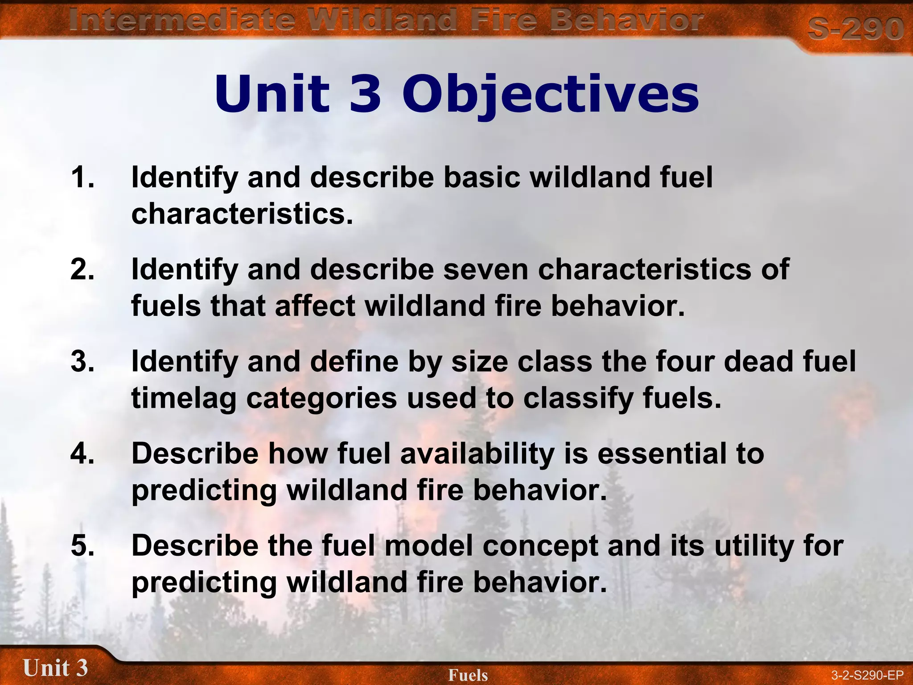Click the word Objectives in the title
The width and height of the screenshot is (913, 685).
[x=550, y=95]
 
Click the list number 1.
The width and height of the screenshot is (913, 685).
[x=82, y=177]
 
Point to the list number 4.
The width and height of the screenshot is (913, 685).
[x=82, y=454]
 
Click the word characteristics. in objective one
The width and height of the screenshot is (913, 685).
[x=242, y=214]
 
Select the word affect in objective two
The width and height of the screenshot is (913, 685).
[x=315, y=306]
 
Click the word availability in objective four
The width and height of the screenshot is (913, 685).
[x=477, y=454]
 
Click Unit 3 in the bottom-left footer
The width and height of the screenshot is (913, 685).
[x=55, y=668]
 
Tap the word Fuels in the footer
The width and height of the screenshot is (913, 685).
[x=468, y=675]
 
